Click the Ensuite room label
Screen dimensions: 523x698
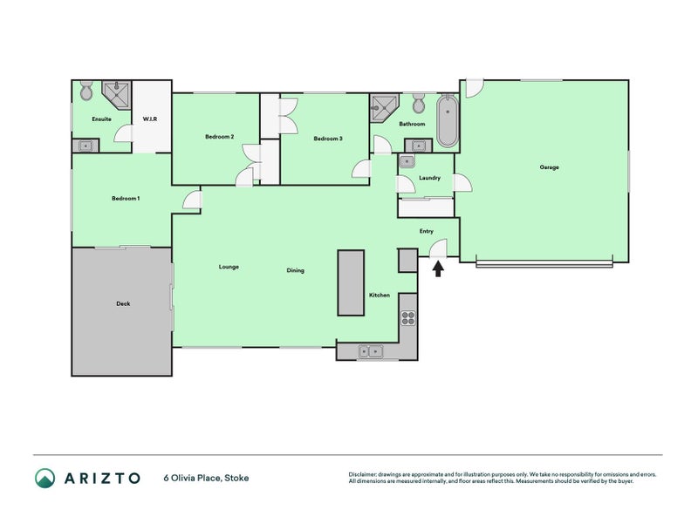[x=101, y=119]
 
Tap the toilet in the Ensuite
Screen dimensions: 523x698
[x=86, y=91]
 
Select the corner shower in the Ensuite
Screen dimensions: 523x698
[x=115, y=92]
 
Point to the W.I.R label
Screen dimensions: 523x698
[x=149, y=119]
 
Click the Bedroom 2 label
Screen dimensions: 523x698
[x=219, y=137]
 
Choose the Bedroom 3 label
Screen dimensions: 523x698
[x=328, y=139]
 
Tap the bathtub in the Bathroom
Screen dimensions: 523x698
[x=447, y=122]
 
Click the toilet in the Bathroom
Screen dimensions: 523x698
[x=418, y=104]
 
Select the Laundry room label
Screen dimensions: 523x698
[x=429, y=178]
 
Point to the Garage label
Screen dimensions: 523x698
[x=549, y=167]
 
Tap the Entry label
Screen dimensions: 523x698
[x=426, y=231]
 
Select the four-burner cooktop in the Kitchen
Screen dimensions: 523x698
[x=408, y=318]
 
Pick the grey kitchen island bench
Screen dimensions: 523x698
[x=351, y=282]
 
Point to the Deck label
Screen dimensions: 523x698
[x=123, y=304]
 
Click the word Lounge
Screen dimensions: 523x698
[x=229, y=267]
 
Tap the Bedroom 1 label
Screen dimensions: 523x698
[x=126, y=199]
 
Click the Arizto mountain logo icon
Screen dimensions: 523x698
[x=44, y=478]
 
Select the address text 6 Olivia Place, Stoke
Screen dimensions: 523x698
[x=206, y=478]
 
